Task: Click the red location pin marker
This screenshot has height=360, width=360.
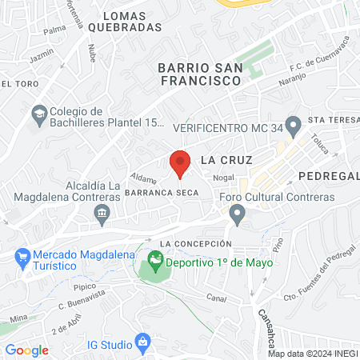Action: tap(180, 163)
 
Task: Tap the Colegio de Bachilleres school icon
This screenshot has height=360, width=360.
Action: tap(38, 114)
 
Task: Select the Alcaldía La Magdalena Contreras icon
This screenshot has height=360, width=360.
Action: tap(102, 212)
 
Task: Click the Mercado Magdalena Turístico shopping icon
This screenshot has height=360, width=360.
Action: tap(22, 258)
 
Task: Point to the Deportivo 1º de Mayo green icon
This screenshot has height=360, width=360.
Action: tap(154, 262)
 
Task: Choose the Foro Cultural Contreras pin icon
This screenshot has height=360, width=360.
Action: tap(236, 213)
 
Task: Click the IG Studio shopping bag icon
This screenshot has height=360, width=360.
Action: tap(142, 343)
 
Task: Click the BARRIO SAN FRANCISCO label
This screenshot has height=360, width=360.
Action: tap(199, 74)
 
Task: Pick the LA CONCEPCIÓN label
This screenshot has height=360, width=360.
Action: tap(195, 243)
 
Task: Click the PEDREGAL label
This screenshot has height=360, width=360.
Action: tap(329, 175)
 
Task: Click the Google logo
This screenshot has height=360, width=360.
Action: tap(26, 350)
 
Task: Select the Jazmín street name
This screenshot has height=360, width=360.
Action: tap(42, 58)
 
